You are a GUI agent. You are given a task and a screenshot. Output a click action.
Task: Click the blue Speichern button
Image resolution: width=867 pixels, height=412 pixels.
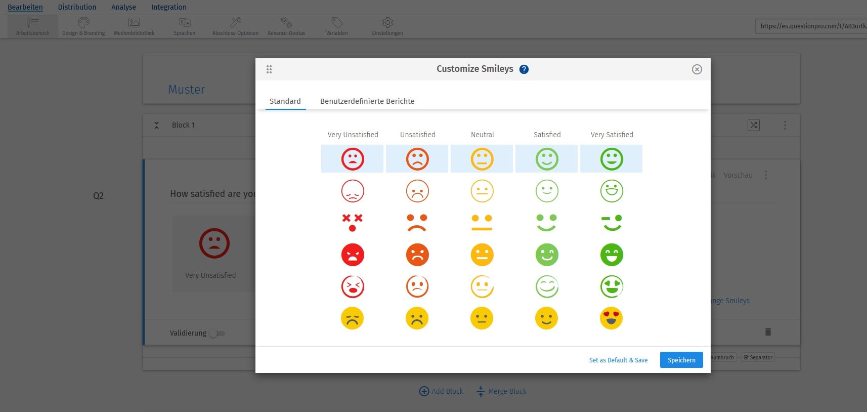[x=681, y=360]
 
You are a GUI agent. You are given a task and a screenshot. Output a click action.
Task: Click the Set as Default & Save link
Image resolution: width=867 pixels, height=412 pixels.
[x=618, y=360]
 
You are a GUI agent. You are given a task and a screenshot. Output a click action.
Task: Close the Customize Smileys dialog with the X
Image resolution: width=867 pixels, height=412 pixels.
[x=697, y=69]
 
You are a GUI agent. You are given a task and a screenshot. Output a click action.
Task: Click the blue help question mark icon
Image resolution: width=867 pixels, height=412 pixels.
[x=524, y=69]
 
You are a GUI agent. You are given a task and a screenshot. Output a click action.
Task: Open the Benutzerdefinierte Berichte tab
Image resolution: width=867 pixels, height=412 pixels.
[x=367, y=101]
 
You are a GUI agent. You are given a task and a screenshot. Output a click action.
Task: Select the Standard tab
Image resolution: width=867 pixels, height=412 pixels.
[x=285, y=101]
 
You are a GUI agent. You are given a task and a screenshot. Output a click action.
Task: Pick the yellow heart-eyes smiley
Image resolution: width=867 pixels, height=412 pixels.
[x=611, y=318]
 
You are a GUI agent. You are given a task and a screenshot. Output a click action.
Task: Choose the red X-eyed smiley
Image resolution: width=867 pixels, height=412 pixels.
[x=353, y=223]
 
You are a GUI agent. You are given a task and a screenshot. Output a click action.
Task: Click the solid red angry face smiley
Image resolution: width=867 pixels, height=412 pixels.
[x=353, y=255]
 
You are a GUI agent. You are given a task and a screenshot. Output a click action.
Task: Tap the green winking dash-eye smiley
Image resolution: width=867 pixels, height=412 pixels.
[x=611, y=223]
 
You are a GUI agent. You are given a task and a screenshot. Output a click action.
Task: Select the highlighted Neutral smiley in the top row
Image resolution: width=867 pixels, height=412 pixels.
[x=482, y=159]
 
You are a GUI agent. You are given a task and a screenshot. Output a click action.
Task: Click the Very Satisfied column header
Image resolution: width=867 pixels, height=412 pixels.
[x=612, y=135]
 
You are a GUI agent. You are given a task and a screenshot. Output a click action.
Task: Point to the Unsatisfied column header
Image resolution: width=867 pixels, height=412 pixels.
[x=417, y=135]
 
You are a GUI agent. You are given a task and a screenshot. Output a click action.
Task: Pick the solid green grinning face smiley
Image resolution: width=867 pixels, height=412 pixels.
[x=611, y=255]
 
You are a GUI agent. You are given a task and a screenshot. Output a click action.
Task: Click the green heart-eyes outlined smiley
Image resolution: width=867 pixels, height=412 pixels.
[x=611, y=286]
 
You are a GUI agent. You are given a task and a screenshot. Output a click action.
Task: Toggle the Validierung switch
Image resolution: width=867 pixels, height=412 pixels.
[x=217, y=333]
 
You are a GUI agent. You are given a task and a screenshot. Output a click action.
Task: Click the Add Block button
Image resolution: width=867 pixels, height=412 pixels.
[x=441, y=391]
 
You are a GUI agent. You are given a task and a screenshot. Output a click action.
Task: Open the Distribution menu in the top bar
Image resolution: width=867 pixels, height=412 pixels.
[x=77, y=7]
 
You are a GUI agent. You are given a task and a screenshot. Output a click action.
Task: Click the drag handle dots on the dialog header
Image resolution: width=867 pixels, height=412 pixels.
[x=269, y=69]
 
